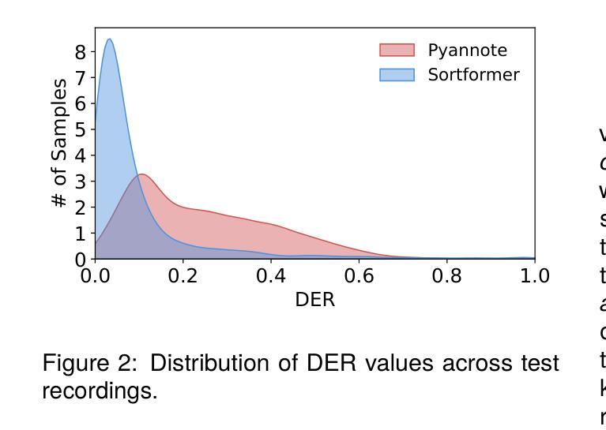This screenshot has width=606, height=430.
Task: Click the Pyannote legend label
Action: [x=467, y=50]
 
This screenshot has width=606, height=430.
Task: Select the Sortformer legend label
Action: [x=473, y=75]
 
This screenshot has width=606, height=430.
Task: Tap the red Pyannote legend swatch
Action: [x=397, y=50]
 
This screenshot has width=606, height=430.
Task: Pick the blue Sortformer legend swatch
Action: [x=397, y=75]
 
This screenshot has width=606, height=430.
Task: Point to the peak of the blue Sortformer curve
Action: [x=109, y=39]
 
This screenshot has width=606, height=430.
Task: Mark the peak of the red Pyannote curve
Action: [x=141, y=174]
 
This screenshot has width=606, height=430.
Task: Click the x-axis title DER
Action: [x=314, y=301]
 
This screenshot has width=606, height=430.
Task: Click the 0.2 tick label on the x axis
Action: [x=183, y=276]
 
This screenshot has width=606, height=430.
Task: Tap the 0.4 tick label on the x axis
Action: [x=271, y=276]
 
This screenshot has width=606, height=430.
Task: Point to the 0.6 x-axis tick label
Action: [x=359, y=276]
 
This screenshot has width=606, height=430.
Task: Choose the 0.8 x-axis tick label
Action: [x=446, y=276]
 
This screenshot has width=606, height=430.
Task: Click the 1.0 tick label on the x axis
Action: [x=534, y=276]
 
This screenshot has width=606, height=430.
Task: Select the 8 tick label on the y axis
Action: [x=81, y=52]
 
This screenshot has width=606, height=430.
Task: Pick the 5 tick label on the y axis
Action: [x=81, y=129]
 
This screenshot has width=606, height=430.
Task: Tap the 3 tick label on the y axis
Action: [x=81, y=181]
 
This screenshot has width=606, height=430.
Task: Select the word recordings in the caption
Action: [x=99, y=391]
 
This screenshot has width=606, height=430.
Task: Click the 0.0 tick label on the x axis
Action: [x=95, y=276]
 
